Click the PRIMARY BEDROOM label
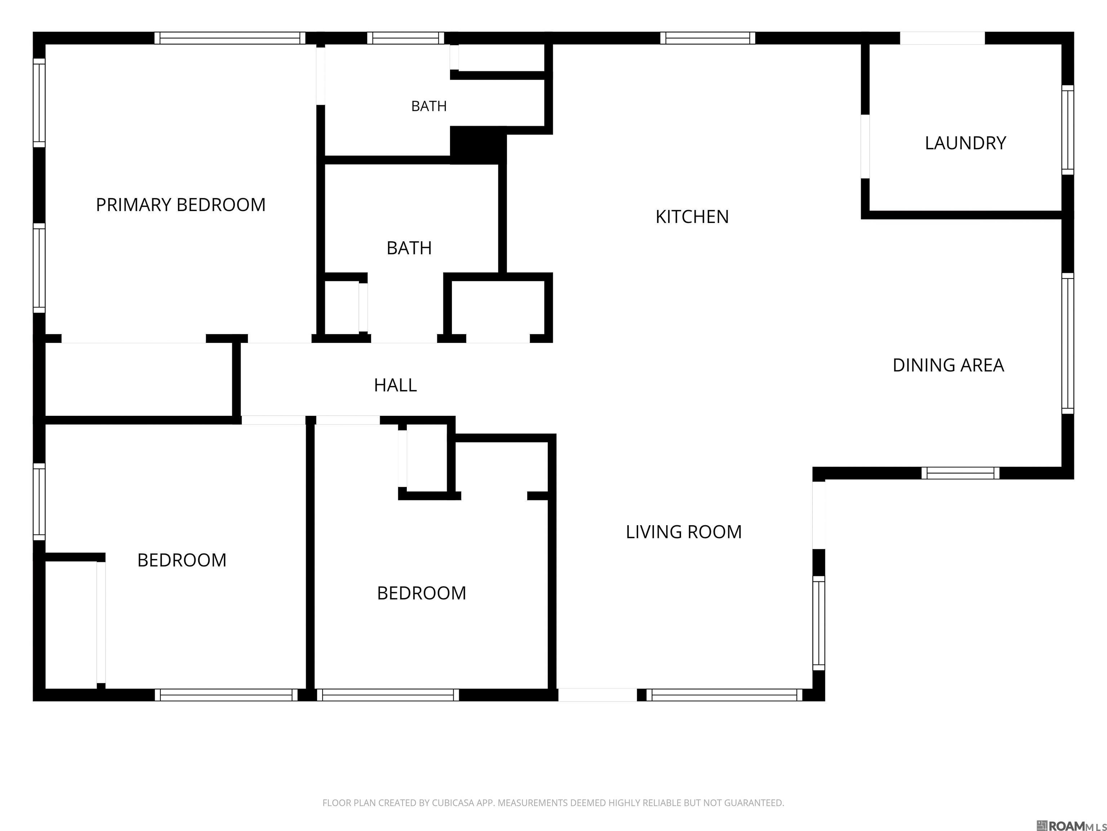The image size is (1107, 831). [x=181, y=205]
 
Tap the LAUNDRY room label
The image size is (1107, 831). [x=965, y=143]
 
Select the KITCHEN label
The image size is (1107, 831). [x=692, y=217]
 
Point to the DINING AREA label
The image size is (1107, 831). [x=948, y=365]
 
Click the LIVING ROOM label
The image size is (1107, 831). [x=684, y=532]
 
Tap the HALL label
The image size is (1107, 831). [x=395, y=385]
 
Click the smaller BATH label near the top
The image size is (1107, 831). [x=429, y=106]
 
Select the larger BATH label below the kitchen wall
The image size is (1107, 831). [x=409, y=248]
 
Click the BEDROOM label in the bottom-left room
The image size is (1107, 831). [x=182, y=560]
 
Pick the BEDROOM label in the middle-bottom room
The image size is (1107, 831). [x=421, y=593]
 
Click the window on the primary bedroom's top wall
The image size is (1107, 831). [x=230, y=38]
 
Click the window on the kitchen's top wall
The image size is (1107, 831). [x=708, y=38]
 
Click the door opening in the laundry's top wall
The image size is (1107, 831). [x=942, y=38]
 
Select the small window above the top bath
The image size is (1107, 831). [x=406, y=38]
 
